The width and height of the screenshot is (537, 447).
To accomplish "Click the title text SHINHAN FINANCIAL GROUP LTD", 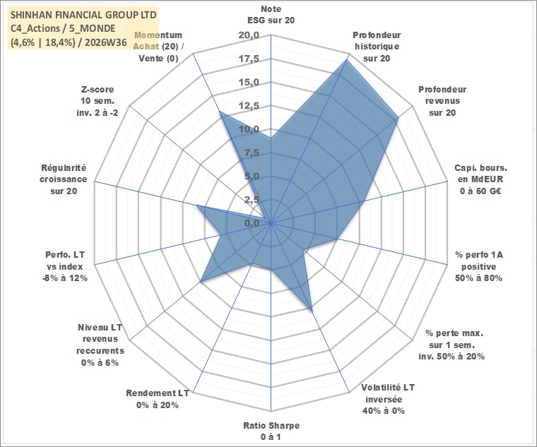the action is click(x=83, y=15).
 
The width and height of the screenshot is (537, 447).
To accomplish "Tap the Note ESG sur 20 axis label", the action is click(x=271, y=14).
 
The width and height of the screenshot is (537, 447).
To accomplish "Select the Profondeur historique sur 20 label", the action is click(x=377, y=47).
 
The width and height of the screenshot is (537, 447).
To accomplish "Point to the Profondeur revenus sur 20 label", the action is click(x=442, y=101).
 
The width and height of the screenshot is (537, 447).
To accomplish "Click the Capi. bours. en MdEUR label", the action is click(x=481, y=179).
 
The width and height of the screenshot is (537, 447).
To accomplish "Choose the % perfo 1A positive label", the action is click(x=479, y=266).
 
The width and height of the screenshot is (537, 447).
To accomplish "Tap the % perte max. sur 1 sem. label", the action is click(x=452, y=345).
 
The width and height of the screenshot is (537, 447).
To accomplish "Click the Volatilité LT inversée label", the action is click(x=388, y=399).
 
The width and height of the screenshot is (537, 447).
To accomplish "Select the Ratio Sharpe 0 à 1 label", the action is click(x=271, y=431).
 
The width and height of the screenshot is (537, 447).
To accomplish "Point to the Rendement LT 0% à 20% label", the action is click(x=158, y=399).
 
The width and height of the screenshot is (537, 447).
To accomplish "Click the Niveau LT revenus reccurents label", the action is click(x=100, y=345).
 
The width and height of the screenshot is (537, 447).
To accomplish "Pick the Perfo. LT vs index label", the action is click(x=65, y=266).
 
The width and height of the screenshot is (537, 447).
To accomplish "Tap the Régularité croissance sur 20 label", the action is click(x=64, y=179).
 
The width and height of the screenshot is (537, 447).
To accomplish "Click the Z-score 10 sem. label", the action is click(x=98, y=101).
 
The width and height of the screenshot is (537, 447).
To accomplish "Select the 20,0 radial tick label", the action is click(x=249, y=35).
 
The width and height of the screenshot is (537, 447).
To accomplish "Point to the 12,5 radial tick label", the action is click(x=249, y=106).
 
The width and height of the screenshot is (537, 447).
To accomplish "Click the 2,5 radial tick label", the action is click(x=252, y=200).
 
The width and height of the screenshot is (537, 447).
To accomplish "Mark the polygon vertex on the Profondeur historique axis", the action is click(x=346, y=59).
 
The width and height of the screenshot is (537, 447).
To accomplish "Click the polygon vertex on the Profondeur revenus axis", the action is click(x=398, y=119).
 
